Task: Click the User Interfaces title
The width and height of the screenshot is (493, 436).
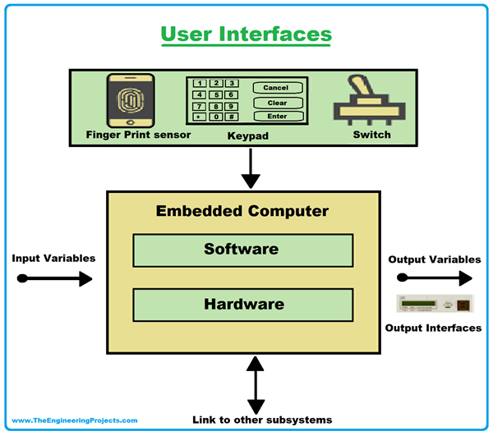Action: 246,34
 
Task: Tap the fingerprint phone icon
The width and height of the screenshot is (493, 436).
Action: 131,100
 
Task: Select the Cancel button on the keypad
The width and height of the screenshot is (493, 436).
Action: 276,88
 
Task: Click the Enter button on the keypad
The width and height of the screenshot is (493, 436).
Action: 276,117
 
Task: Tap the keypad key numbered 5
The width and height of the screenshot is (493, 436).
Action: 216,94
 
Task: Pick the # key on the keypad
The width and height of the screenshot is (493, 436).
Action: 233,117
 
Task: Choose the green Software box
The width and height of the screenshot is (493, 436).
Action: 243,250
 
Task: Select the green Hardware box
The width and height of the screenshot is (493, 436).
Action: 243,305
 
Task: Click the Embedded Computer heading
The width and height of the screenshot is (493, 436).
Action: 243,211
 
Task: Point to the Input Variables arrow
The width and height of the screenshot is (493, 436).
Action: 55,279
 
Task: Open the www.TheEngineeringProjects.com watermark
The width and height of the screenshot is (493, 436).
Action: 75,420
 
